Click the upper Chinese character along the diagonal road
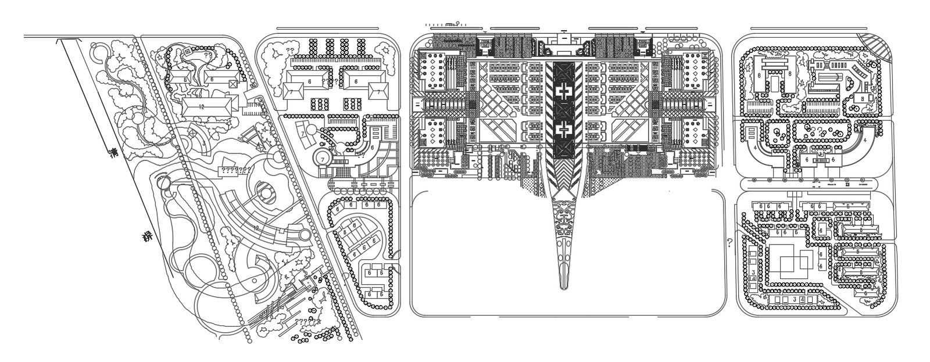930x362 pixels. tap(115, 155)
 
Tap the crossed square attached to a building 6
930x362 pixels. tap(233, 84)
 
